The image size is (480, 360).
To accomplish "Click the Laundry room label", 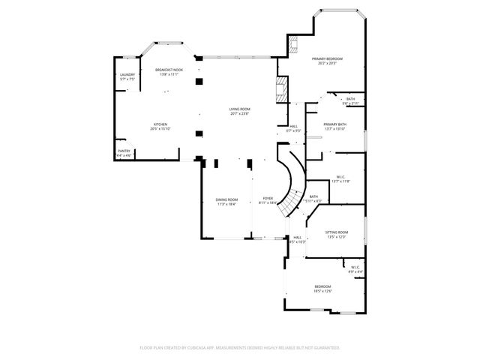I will pos(127,75).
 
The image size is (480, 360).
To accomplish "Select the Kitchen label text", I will pos(160,124).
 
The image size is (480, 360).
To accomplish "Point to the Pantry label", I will pos(124,151).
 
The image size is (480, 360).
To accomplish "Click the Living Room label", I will pos(240,109).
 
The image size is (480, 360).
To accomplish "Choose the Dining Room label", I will pos(227,199).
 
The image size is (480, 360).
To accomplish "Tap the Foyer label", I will pos(268,199).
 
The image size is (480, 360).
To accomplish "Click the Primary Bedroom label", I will pos(327,58).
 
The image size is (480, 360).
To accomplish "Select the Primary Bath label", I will pos(334,124).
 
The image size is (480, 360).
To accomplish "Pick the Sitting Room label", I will pos(337,232).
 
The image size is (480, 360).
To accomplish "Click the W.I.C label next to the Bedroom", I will pos(355,268).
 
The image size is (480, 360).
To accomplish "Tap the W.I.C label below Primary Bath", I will pos(340,177).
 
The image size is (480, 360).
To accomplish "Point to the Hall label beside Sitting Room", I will pos(298,237).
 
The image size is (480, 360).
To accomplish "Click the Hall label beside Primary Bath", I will pos(293,126).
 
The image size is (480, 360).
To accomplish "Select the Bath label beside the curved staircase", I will pos(313,196).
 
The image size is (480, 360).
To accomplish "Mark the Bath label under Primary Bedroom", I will pos(350,99).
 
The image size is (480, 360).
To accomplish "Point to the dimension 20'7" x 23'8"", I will pos(240,114).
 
